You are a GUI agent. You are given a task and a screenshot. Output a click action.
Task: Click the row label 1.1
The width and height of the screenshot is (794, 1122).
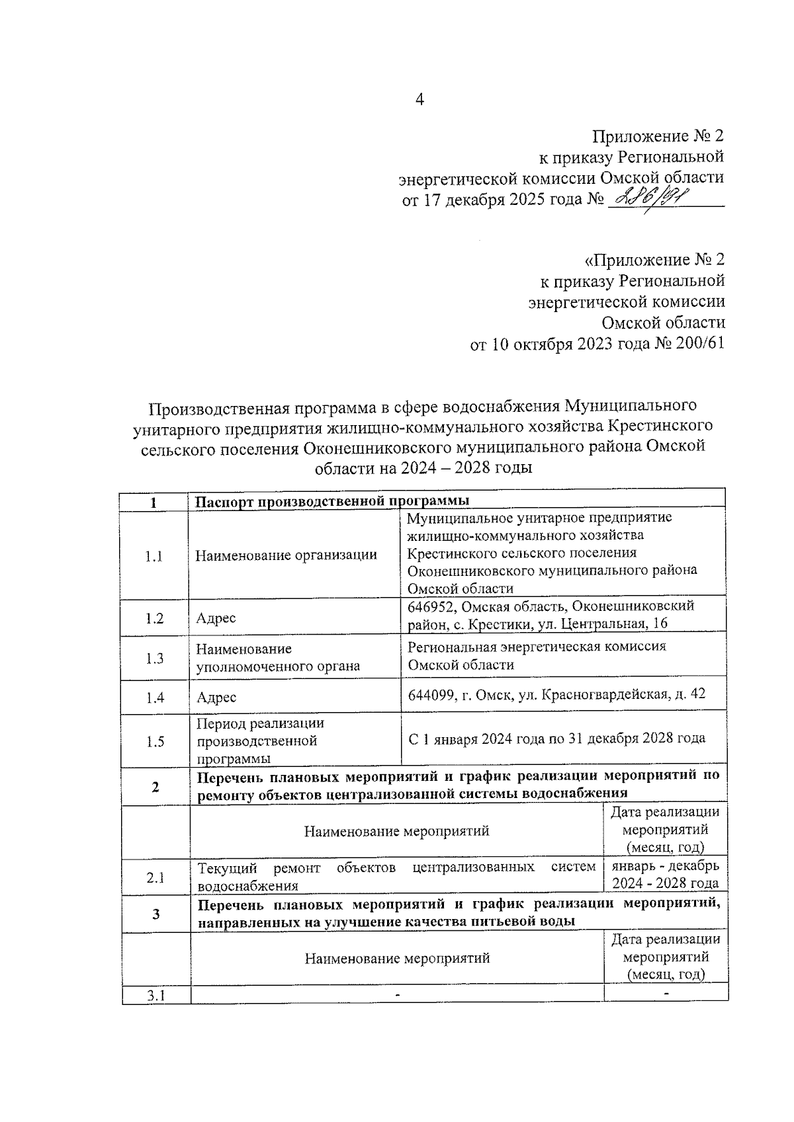pos(154,556)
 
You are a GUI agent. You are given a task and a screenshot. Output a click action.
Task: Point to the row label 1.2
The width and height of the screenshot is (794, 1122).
pos(154,618)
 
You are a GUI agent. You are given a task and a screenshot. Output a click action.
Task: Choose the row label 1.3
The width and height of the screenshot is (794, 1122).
pos(154,658)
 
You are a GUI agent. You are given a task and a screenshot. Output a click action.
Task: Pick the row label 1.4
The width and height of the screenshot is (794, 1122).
pos(154,697)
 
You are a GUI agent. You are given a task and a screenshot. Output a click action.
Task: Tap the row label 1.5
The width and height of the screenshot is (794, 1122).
pos(154,741)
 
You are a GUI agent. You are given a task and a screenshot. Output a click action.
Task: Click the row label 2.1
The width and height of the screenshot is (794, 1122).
pos(155,878)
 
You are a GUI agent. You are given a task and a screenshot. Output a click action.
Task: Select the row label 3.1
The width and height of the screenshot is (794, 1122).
pos(155,996)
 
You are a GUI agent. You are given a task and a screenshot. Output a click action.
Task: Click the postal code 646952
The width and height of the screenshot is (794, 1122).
pos(431,606)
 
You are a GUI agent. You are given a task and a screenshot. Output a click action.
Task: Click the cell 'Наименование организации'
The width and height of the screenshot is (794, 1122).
pos(286,555)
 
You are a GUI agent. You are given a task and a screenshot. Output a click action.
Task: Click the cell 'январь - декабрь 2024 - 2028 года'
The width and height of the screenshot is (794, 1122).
pos(665,875)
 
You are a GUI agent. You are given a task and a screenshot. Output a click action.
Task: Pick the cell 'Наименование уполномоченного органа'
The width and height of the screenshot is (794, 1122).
pos(278,658)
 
